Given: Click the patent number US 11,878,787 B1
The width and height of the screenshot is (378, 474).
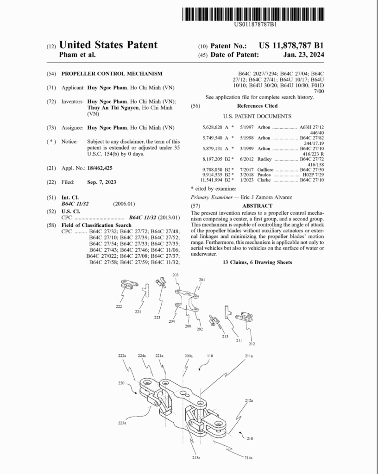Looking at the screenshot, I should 291,45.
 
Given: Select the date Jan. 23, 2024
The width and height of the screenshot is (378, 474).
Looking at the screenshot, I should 303,55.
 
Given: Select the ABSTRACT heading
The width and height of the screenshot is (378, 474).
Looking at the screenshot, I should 257,205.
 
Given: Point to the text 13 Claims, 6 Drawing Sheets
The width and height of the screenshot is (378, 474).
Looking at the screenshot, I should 257,262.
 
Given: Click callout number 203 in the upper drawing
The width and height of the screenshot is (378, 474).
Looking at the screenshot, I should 175,275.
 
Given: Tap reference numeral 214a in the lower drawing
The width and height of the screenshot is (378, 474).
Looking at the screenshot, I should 249,458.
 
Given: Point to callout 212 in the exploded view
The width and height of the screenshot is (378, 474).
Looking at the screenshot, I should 252,344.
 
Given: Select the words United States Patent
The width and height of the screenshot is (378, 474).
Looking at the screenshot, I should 109,45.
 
